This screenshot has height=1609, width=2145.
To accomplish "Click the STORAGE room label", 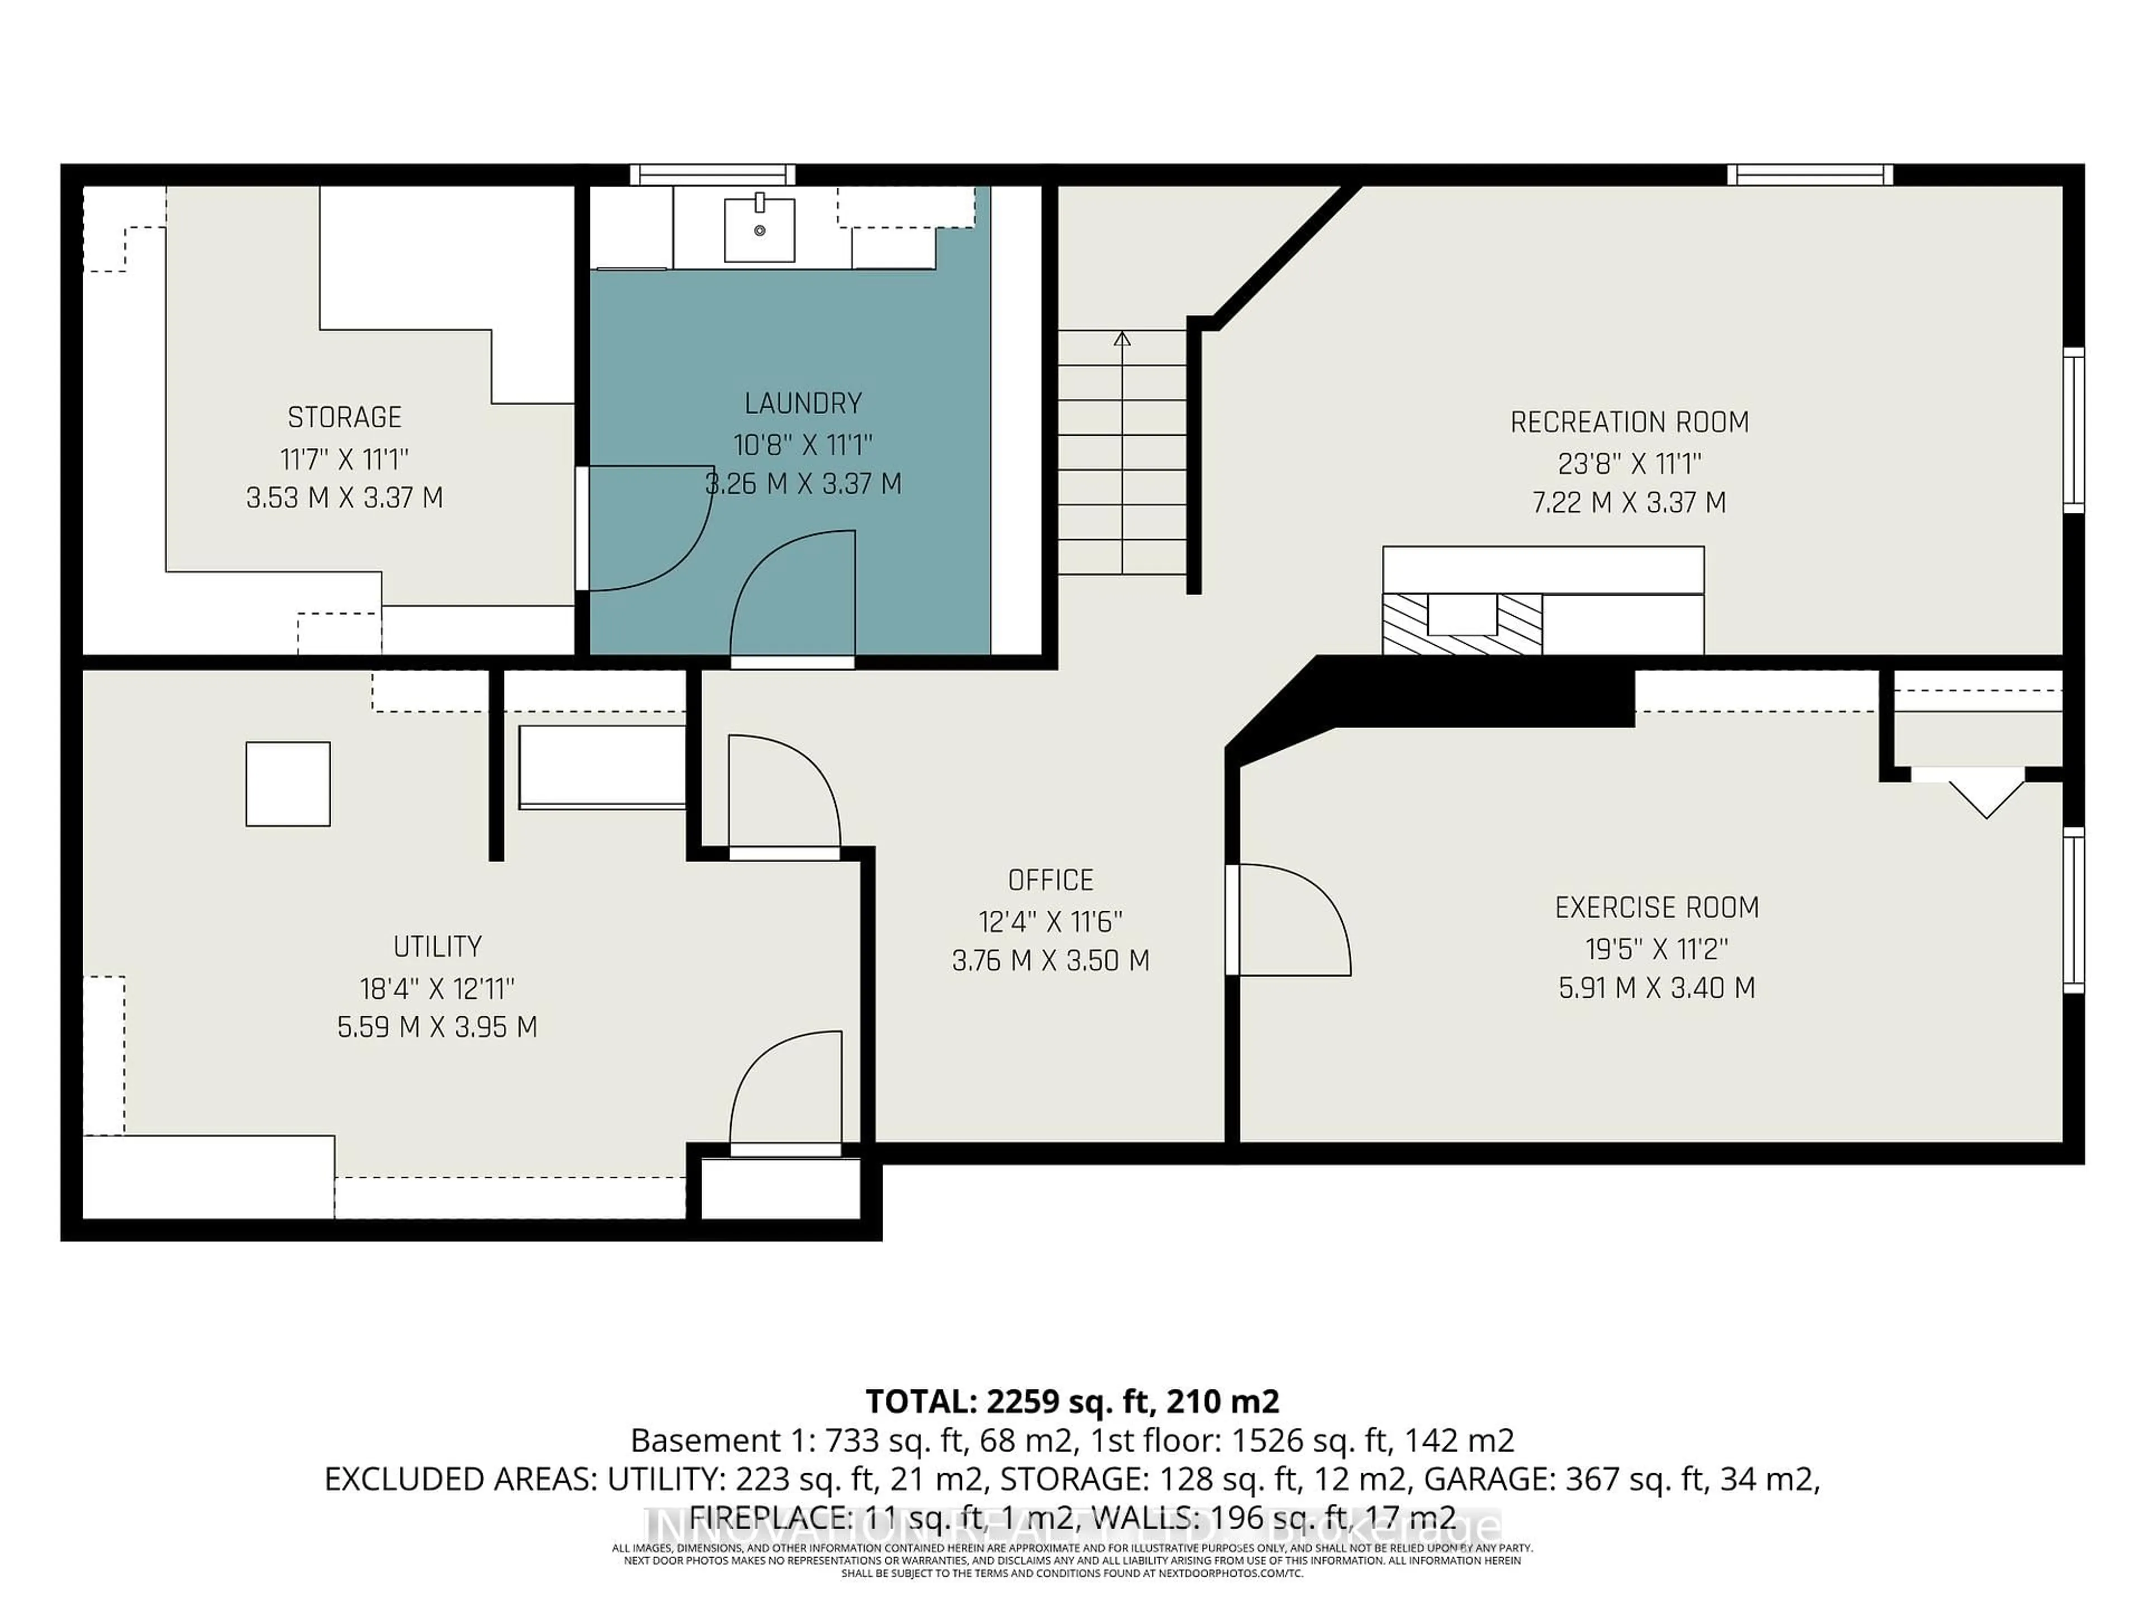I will [x=344, y=417].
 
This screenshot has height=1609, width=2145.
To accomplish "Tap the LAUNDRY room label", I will [x=803, y=402].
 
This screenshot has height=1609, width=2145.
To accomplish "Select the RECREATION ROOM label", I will [x=1629, y=422].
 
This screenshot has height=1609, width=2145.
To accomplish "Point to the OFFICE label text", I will [x=1050, y=880].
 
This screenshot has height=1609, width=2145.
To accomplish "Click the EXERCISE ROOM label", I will [x=1656, y=908].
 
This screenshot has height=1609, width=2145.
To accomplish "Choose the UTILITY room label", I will [x=437, y=946].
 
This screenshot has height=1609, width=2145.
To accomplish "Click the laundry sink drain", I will [x=759, y=230].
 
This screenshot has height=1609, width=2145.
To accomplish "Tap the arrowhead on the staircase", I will [x=1122, y=339].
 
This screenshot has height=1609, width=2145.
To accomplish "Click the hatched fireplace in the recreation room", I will [x=1462, y=623].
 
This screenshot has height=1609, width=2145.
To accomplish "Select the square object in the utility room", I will [x=288, y=784].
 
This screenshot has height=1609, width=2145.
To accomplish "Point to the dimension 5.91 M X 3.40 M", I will [x=1656, y=988].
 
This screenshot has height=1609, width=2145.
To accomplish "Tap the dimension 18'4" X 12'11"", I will [x=437, y=989].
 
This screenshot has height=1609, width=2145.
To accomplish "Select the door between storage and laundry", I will [x=645, y=529].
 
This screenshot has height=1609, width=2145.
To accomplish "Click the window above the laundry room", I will [x=713, y=174].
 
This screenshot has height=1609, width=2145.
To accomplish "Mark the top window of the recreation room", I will [x=1809, y=174].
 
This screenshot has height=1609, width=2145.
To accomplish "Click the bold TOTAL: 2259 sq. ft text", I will [x=1071, y=1401].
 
